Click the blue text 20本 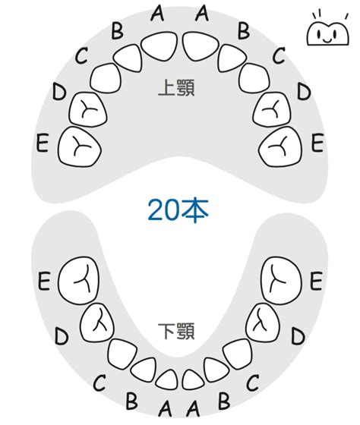[x=178, y=210]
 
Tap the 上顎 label [x=177, y=87]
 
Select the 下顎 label [x=177, y=331]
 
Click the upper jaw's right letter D [x=303, y=91]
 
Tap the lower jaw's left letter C [x=99, y=382]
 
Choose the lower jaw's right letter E [x=316, y=281]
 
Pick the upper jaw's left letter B [x=118, y=30]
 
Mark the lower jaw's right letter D [x=298, y=336]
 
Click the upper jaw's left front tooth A [x=159, y=47]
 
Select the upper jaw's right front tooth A [x=201, y=46]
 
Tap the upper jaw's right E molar [x=280, y=146]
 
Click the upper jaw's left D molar [x=87, y=109]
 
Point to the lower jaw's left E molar [x=79, y=281]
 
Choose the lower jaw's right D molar [x=263, y=323]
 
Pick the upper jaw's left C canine [x=106, y=78]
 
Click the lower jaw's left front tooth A [x=166, y=379]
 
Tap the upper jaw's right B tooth [x=232, y=58]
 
